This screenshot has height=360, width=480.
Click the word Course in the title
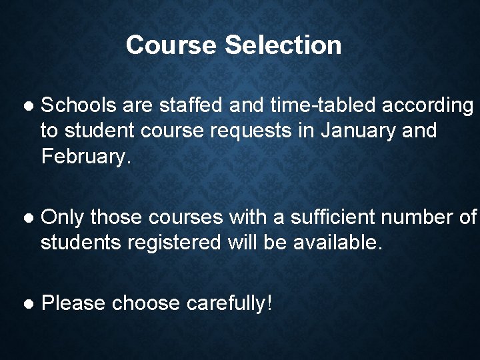[171, 45]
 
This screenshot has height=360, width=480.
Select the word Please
[73, 303]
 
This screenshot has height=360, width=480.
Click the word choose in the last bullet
[145, 303]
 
